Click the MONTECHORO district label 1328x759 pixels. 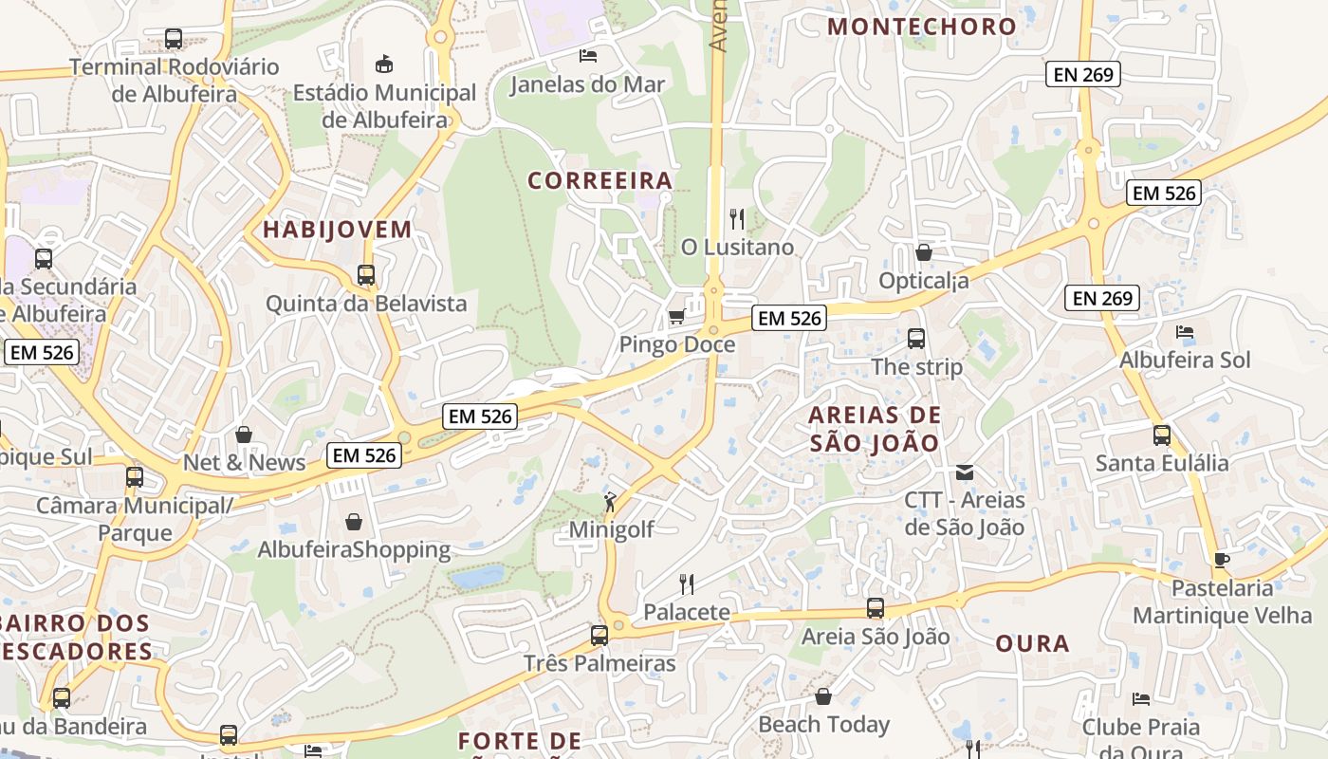click(922, 27)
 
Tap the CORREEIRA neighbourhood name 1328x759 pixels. click(599, 180)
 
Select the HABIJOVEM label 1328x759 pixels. click(338, 230)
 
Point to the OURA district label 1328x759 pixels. click(1033, 644)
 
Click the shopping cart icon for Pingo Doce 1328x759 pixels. click(676, 316)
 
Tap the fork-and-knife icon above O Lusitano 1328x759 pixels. click(737, 219)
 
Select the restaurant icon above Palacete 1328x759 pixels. click(687, 583)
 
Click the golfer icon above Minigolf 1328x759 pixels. click(610, 502)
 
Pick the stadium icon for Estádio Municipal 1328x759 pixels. click(384, 65)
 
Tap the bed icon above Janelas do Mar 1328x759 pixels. click(588, 56)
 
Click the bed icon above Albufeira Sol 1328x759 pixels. click(1185, 332)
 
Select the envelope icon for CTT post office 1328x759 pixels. click(965, 472)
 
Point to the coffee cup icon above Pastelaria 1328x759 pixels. click(1222, 560)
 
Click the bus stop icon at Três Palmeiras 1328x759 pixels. click(599, 635)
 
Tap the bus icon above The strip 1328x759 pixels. click(916, 338)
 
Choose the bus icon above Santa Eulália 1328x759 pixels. click(1162, 435)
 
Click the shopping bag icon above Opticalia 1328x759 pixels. click(923, 252)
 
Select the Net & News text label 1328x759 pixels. click(245, 463)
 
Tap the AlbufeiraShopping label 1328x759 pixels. click(354, 550)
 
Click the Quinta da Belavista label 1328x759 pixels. click(366, 304)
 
